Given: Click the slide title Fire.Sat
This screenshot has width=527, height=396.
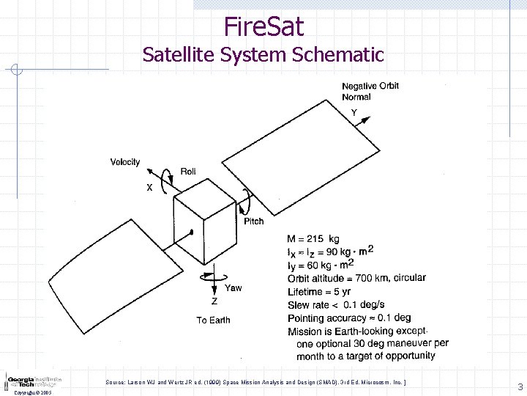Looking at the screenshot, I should (x=263, y=27).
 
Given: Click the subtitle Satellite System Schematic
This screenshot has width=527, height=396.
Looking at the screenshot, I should (x=263, y=55).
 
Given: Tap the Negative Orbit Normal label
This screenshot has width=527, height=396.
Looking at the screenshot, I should (x=370, y=92).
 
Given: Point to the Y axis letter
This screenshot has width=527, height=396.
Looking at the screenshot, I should (x=354, y=113).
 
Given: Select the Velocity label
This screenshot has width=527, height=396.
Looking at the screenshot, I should (x=125, y=162).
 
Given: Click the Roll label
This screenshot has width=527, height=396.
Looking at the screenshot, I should (x=188, y=172).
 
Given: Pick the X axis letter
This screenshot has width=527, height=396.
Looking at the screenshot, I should (x=149, y=188).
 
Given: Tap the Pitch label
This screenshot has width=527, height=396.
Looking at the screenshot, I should (x=254, y=221).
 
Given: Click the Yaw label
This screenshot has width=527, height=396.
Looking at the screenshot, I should (x=233, y=287).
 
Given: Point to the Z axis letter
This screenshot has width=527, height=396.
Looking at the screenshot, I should (x=214, y=301).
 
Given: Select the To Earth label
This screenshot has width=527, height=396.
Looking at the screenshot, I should (x=213, y=320).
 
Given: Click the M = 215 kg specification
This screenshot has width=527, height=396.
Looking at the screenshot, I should (x=313, y=239).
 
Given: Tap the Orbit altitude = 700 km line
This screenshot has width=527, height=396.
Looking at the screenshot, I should (x=356, y=278).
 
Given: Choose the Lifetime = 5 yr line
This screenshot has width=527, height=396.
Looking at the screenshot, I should (x=320, y=291).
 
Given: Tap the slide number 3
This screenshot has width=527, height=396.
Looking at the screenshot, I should (x=520, y=386).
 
